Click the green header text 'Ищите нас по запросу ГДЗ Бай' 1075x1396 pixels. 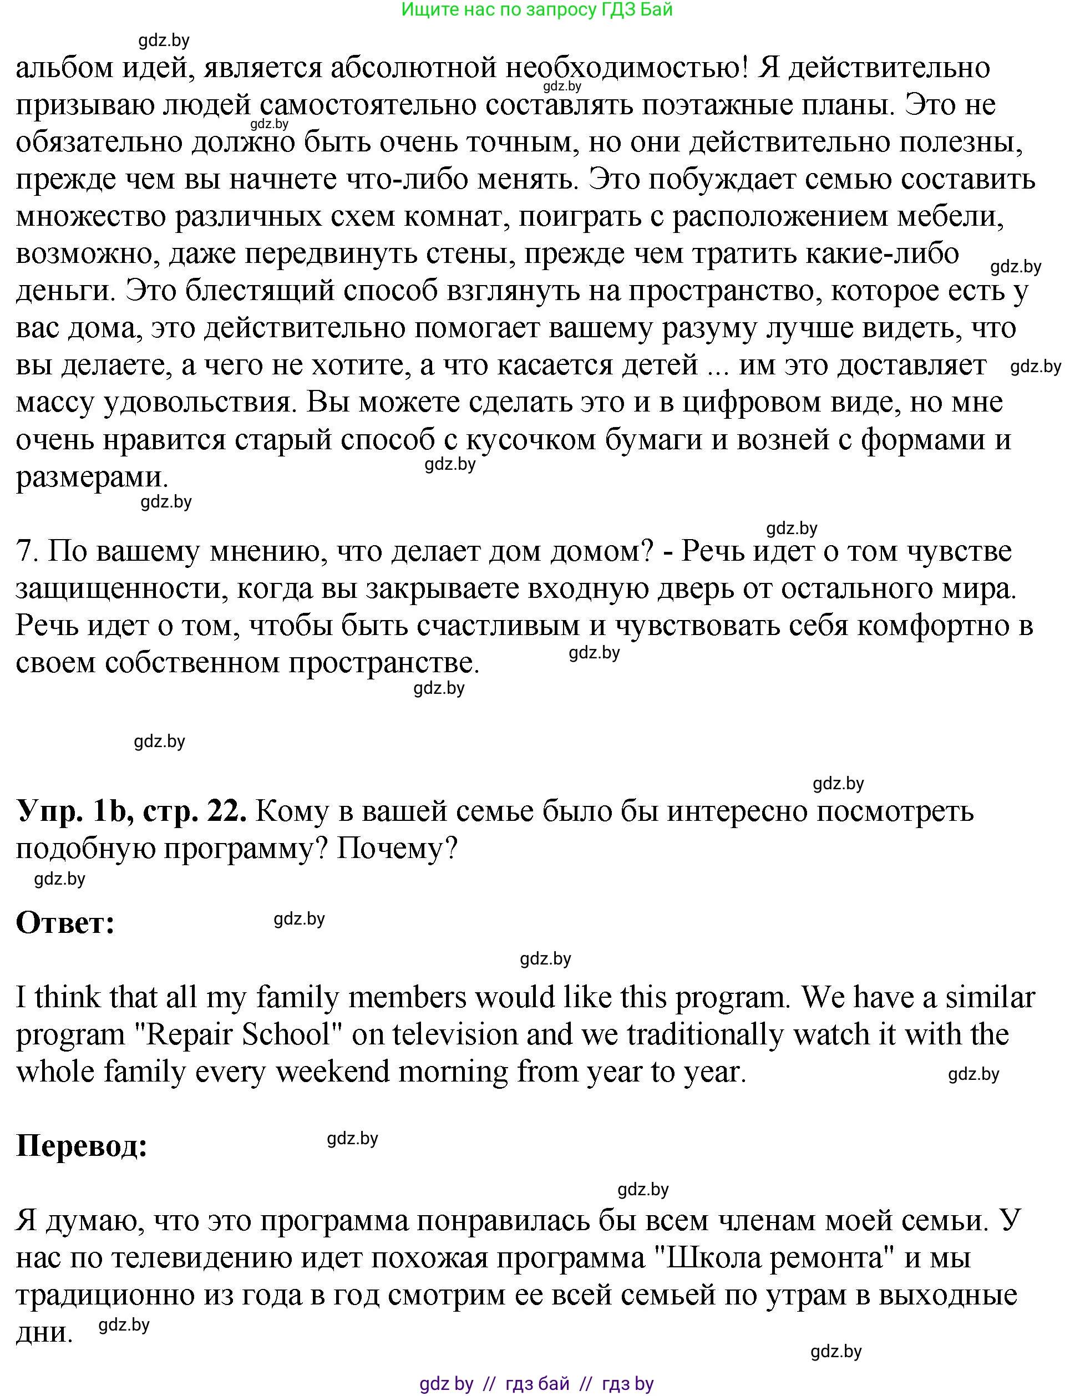[537, 9]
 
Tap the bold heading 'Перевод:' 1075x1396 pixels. [82, 1146]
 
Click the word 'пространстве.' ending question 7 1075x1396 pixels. [383, 662]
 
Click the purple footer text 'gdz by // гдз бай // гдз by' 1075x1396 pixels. [537, 1384]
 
